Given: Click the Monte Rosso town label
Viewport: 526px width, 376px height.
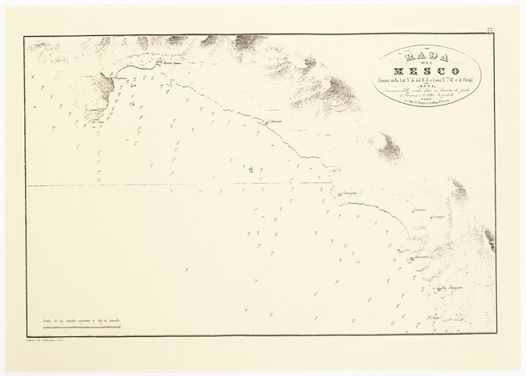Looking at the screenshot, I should (171, 64).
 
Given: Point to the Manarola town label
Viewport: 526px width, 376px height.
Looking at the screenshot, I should (425, 257).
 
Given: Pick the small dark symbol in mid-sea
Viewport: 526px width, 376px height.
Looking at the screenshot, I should (250, 169).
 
